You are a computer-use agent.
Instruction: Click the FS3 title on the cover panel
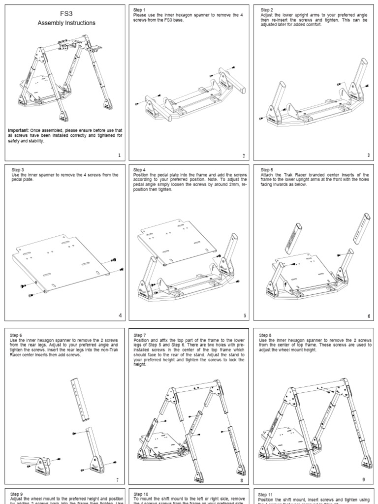click(x=67, y=14)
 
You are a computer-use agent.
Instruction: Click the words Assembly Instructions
click(x=67, y=23)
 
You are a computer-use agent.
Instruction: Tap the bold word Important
click(x=18, y=130)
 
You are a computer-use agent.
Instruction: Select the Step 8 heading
click(x=266, y=335)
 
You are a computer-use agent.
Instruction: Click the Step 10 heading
click(x=141, y=494)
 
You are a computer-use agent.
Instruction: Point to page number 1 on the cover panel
click(x=120, y=155)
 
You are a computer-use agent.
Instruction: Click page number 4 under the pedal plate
click(x=120, y=315)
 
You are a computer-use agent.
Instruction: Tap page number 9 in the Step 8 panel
click(x=363, y=479)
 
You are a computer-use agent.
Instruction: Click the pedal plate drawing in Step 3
click(x=62, y=261)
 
